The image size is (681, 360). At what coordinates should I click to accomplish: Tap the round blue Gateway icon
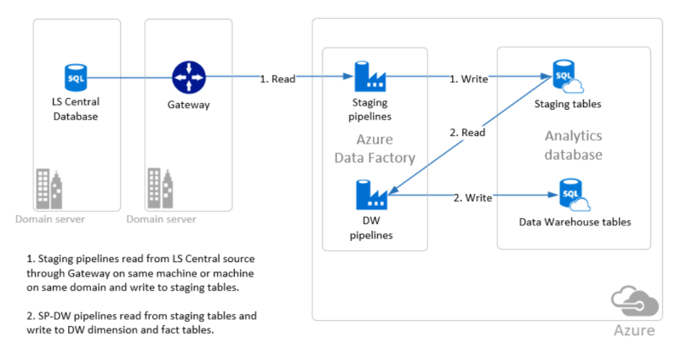point(186,77)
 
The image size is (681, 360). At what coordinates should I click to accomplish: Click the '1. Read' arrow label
point(278,79)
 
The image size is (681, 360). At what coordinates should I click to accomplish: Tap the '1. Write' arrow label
point(469,79)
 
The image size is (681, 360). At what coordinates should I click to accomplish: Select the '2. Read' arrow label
point(468,132)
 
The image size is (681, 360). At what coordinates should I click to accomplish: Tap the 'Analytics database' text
point(573,146)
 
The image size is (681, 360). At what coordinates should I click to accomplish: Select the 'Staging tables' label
point(568,104)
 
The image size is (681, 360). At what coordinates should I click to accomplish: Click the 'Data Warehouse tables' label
point(575,222)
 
